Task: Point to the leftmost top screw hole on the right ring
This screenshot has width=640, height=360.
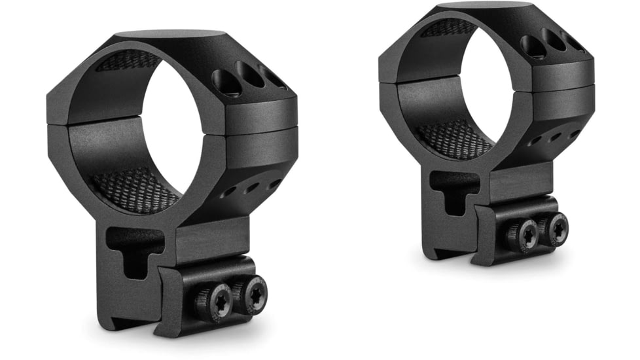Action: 532,45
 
